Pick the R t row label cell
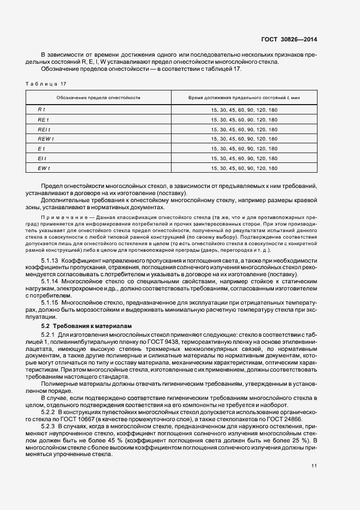click(41, 110)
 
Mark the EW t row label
click(44, 168)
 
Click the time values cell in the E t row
click(244, 149)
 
